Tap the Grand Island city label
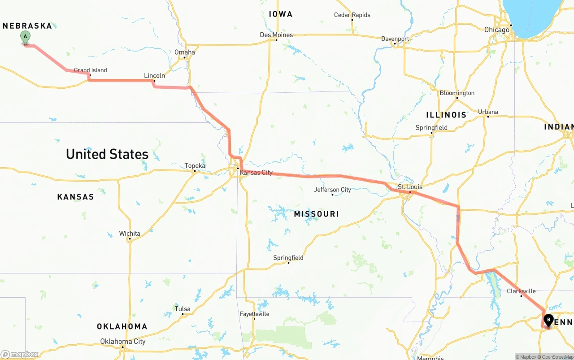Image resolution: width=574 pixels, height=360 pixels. pyautogui.click(x=90, y=70)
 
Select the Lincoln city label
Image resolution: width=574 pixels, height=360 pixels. pyautogui.click(x=154, y=75)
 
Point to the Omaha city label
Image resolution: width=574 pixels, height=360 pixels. pyautogui.click(x=185, y=52)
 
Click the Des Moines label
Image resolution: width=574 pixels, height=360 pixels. pyautogui.click(x=276, y=35)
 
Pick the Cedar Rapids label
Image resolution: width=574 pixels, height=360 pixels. pyautogui.click(x=352, y=15)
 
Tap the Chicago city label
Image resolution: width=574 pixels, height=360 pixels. pyautogui.click(x=496, y=30)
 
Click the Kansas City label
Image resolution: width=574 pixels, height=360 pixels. pyautogui.click(x=256, y=172)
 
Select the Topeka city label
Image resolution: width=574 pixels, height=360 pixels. pyautogui.click(x=195, y=165)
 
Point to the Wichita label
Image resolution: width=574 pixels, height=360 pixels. pyautogui.click(x=130, y=233)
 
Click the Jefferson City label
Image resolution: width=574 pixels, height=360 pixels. pyautogui.click(x=332, y=190)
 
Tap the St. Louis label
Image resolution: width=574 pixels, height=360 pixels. pyautogui.click(x=410, y=187)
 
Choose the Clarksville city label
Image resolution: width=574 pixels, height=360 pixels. pyautogui.click(x=521, y=291)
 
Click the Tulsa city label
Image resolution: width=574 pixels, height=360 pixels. pyautogui.click(x=183, y=309)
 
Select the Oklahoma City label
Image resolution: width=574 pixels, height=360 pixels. pyautogui.click(x=122, y=341)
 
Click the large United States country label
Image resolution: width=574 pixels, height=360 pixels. pyautogui.click(x=107, y=154)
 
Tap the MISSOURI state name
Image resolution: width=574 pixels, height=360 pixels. pyautogui.click(x=316, y=214)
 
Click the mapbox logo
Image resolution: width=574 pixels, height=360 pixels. pyautogui.click(x=20, y=355)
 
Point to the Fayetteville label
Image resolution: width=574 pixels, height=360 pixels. pyautogui.click(x=254, y=314)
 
